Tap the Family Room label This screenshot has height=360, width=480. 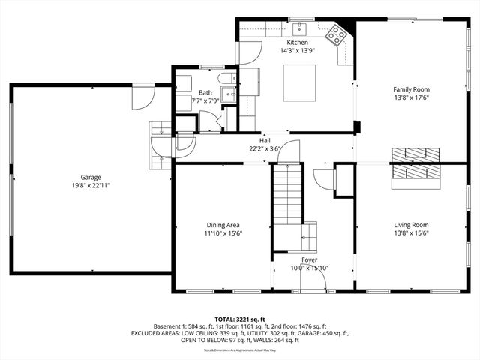411,89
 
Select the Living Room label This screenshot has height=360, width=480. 411,224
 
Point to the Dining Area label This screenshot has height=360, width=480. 224,224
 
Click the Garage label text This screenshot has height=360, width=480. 91,178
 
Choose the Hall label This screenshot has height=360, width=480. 265,140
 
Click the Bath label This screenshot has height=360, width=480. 184,92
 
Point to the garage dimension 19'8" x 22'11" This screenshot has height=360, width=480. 91,185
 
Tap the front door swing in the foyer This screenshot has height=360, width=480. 316,280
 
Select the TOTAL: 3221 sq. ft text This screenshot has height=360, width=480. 240,319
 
